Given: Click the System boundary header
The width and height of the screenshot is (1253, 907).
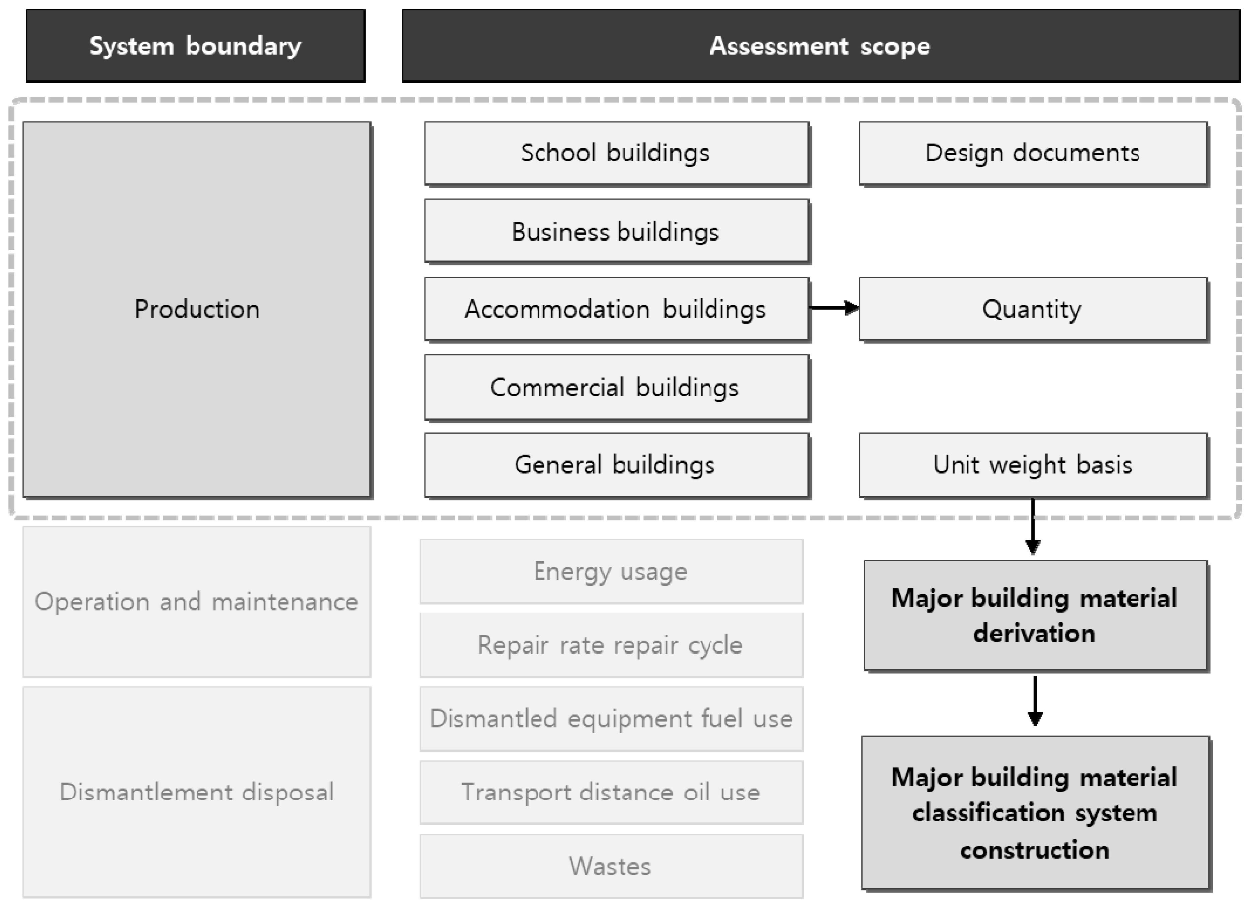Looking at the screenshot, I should pos(196,46).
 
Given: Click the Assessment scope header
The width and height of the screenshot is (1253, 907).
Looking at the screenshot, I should pos(820,46).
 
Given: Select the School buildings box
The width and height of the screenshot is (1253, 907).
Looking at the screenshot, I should pos(616,153).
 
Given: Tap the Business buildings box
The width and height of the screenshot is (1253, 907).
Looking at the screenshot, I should pos(616,231).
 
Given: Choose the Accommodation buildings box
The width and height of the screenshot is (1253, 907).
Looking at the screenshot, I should pos(616,309).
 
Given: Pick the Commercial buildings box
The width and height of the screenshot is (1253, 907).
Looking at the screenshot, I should pos(616,388).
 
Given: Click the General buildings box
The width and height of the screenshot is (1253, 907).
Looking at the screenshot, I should pos(616,465).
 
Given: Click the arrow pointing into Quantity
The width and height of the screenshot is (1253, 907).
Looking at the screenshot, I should pos(834,308).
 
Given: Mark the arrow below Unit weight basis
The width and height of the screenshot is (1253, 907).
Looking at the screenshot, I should pos(1033,527).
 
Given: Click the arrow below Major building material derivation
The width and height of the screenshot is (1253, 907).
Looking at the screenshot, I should pos(1035,701).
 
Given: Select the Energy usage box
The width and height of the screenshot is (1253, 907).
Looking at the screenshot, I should pos(611,571).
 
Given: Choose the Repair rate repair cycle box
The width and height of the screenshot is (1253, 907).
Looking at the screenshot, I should pos(611,645).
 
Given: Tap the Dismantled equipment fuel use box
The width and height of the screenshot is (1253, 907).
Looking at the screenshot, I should pos(611,719).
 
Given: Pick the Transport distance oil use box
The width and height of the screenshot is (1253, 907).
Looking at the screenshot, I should pos(611,792).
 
